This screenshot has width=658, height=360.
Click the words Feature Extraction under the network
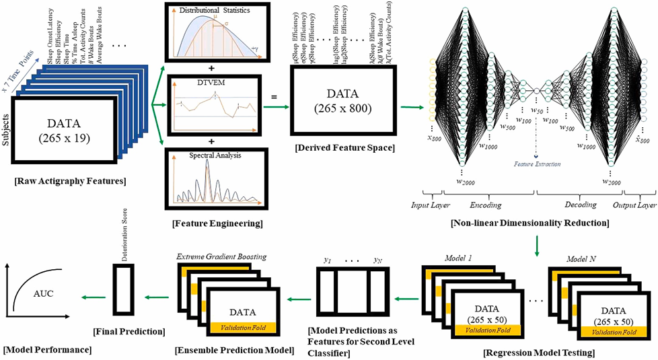point(536,164)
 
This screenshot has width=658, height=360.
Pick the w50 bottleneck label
point(536,110)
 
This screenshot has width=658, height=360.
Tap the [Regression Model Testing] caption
point(536,351)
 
